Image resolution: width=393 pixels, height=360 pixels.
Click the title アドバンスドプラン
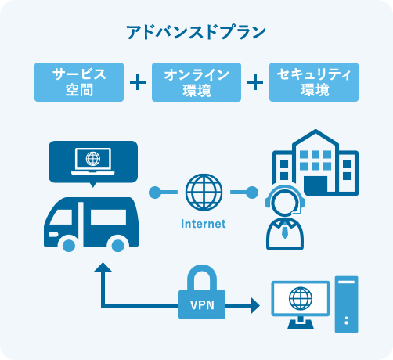pyautogui.click(x=196, y=32)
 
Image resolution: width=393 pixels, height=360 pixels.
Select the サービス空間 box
pyautogui.click(x=79, y=82)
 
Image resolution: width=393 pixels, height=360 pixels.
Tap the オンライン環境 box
pyautogui.click(x=196, y=82)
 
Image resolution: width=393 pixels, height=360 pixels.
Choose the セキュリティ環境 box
pyautogui.click(x=314, y=82)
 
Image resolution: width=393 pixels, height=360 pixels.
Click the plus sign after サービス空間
pyautogui.click(x=138, y=82)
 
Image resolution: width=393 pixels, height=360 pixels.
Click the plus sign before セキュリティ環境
pyautogui.click(x=255, y=82)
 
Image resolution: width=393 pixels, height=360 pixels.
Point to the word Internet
pyautogui.click(x=204, y=224)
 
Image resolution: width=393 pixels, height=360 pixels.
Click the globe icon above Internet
pyautogui.click(x=204, y=193)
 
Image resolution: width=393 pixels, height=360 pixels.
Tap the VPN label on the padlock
pyautogui.click(x=202, y=305)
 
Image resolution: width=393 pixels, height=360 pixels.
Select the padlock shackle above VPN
pyautogui.click(x=202, y=272)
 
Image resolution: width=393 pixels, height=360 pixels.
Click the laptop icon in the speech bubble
pyautogui.click(x=93, y=161)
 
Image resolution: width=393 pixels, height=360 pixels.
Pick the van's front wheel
pyautogui.click(x=69, y=246)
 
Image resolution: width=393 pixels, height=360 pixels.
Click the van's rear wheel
pyautogui.click(x=117, y=246)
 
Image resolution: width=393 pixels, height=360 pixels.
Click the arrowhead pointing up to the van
pyautogui.click(x=103, y=267)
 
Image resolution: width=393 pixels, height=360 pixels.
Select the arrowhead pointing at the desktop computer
pyautogui.click(x=255, y=305)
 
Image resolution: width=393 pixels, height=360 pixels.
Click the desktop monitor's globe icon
pyautogui.click(x=301, y=299)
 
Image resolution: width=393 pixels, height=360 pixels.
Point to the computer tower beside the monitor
pyautogui.click(x=347, y=304)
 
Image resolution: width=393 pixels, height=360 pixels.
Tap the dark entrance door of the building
pyautogui.click(x=315, y=184)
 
